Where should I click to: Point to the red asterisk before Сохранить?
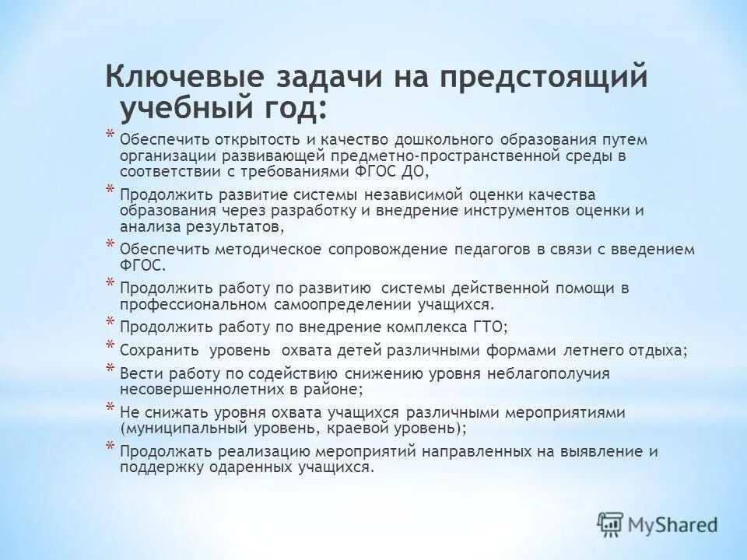(110, 347)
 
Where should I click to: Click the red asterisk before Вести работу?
(110, 369)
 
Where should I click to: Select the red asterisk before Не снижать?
(110, 408)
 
